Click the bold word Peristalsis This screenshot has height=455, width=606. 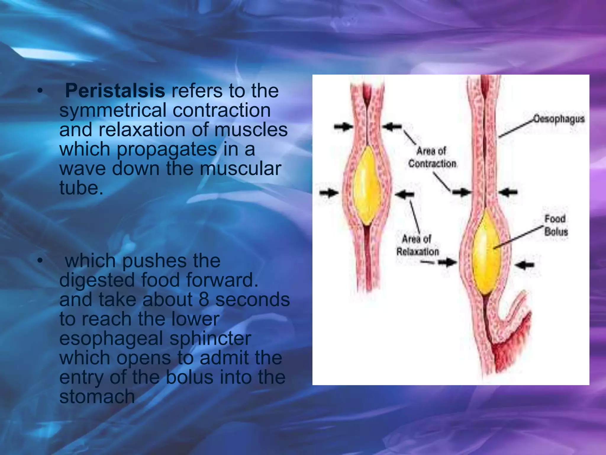(115, 91)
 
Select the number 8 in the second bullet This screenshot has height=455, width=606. (204, 299)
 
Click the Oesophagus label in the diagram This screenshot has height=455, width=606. (559, 119)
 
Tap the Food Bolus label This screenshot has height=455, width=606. (556, 225)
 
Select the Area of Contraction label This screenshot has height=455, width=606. (432, 157)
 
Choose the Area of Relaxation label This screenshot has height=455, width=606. (417, 245)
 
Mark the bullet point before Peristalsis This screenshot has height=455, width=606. (40, 91)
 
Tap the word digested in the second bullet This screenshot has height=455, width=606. (97, 280)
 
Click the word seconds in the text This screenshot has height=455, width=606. (252, 299)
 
